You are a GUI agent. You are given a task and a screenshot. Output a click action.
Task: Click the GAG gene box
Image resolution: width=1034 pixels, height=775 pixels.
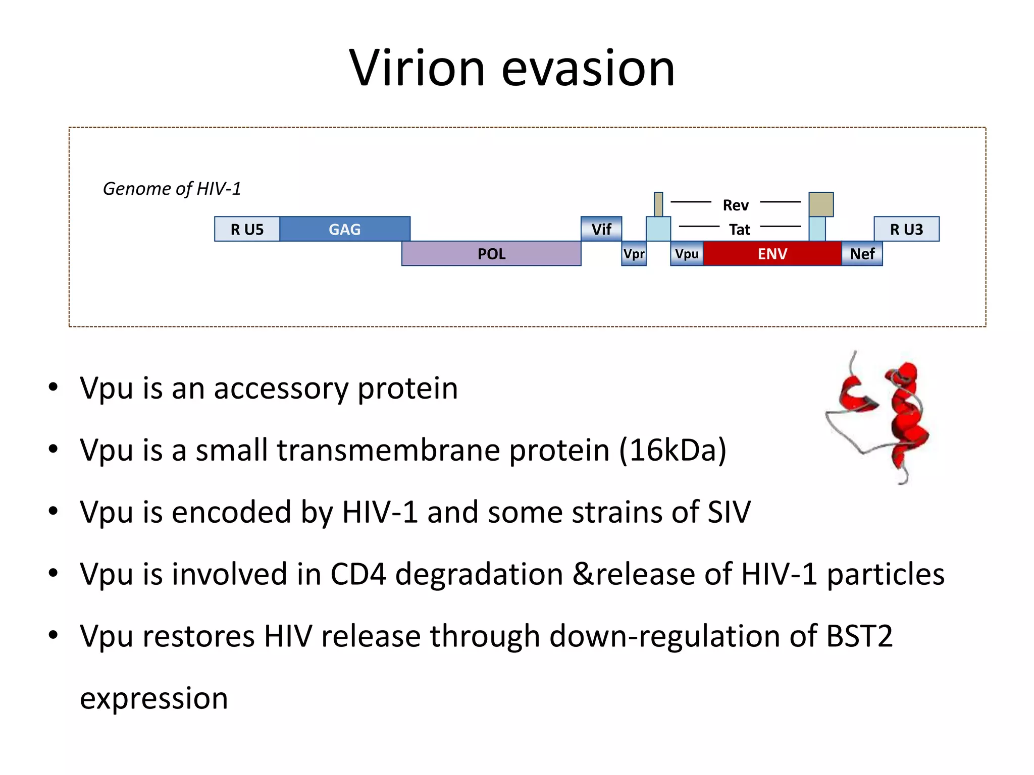(x=345, y=229)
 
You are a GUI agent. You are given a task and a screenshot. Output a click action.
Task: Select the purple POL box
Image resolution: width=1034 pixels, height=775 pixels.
(x=491, y=254)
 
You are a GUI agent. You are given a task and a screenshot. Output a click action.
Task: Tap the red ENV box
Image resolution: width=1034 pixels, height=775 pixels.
(x=772, y=254)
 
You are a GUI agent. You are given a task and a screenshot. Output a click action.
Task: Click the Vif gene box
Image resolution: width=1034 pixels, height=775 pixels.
(x=601, y=229)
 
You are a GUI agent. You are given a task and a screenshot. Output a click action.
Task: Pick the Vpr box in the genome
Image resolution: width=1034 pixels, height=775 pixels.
(x=634, y=254)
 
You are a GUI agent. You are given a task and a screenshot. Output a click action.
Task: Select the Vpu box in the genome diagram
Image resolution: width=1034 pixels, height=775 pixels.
(x=687, y=254)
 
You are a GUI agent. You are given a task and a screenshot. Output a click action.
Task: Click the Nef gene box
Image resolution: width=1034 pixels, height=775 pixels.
(x=862, y=254)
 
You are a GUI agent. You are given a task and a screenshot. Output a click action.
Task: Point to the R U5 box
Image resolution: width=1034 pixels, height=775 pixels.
(x=247, y=229)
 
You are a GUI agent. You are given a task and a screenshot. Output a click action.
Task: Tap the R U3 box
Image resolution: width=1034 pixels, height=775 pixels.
(x=906, y=229)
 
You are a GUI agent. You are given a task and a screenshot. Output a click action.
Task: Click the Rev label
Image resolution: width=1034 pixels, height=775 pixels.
(x=736, y=205)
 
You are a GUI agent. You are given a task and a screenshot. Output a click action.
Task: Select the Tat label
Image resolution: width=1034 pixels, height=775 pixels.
(x=740, y=230)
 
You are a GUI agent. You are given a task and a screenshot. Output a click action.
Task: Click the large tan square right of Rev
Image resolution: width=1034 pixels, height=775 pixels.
(x=821, y=204)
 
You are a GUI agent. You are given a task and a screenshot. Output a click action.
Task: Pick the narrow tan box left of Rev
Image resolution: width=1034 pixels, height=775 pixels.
(x=658, y=204)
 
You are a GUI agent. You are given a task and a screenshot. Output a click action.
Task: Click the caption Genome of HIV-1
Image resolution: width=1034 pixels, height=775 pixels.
(x=172, y=189)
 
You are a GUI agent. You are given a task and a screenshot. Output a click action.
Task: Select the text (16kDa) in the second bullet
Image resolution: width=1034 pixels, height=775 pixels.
(x=673, y=450)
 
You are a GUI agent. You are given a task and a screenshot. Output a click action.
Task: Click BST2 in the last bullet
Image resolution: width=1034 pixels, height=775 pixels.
(x=859, y=636)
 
